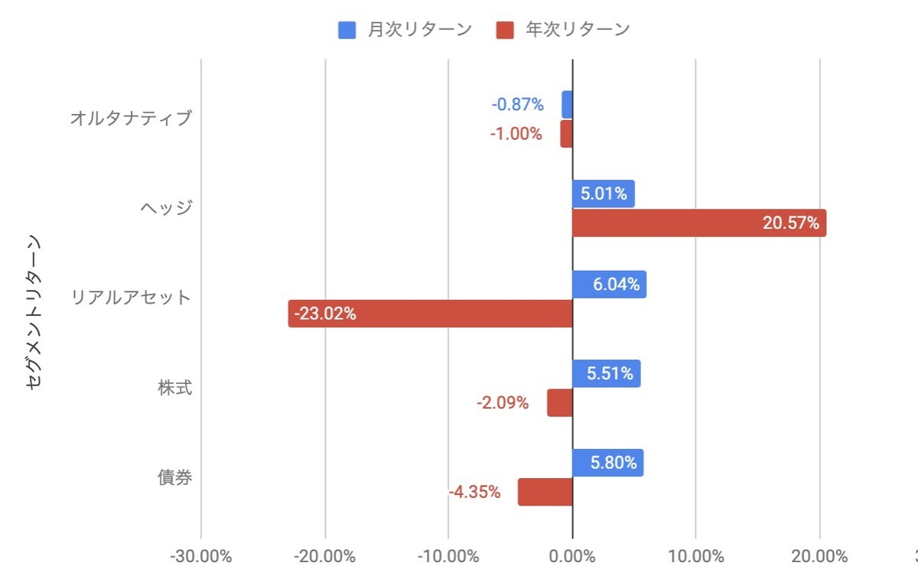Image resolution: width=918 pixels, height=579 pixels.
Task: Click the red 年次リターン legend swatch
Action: pyautogui.click(x=505, y=30)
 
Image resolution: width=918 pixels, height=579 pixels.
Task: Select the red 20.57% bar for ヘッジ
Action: pyautogui.click(x=698, y=223)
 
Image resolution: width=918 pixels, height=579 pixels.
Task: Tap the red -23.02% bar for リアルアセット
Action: pyautogui.click(x=431, y=314)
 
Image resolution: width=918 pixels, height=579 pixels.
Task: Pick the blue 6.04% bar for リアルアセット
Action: pyautogui.click(x=609, y=285)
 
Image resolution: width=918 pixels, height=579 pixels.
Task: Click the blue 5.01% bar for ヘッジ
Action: pyautogui.click(x=603, y=194)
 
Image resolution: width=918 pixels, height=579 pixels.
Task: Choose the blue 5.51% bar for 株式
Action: pyautogui.click(x=606, y=374)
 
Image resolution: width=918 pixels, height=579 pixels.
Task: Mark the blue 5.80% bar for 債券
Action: pyautogui.click(x=607, y=464)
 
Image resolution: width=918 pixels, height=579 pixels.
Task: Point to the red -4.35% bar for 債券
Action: pyautogui.click(x=545, y=493)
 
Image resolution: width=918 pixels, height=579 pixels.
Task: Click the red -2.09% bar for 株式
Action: pyautogui.click(x=559, y=403)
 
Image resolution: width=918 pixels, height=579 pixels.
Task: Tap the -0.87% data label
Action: pyautogui.click(x=517, y=104)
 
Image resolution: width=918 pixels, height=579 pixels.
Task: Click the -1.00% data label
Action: pyautogui.click(x=516, y=134)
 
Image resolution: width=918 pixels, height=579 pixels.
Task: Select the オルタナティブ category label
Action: pyautogui.click(x=130, y=119)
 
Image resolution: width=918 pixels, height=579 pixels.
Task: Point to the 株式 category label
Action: pyautogui.click(x=174, y=388)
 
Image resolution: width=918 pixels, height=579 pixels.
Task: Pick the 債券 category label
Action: pyautogui.click(x=174, y=478)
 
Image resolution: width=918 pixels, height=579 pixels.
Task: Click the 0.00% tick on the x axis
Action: pyautogui.click(x=572, y=556)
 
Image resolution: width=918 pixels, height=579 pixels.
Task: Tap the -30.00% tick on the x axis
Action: pyautogui.click(x=200, y=556)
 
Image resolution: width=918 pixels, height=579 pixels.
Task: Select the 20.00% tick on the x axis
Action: pyautogui.click(x=819, y=556)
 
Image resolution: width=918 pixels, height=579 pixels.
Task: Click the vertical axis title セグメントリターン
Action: pyautogui.click(x=33, y=314)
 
